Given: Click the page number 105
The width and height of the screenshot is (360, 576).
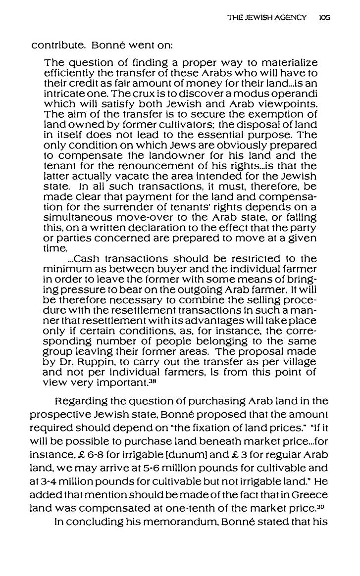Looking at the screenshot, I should pyautogui.click(x=325, y=17).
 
